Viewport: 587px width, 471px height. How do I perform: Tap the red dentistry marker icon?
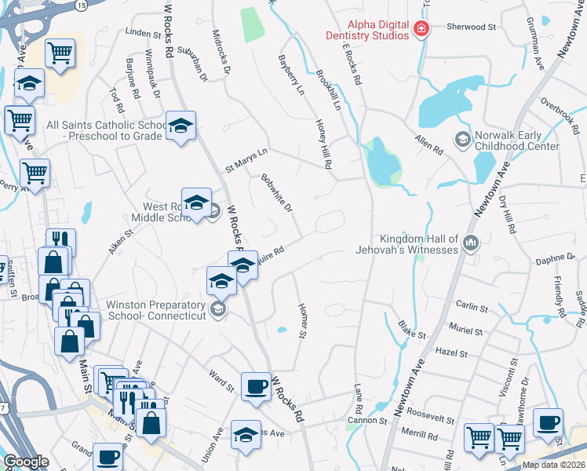click(421, 30)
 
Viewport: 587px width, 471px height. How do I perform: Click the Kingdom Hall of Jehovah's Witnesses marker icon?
click(470, 243)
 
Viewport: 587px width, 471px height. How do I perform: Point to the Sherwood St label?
click(472, 27)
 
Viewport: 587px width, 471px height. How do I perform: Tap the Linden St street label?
click(142, 33)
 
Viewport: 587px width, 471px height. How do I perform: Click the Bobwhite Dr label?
click(276, 193)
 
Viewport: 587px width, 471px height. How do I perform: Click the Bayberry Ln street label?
click(291, 75)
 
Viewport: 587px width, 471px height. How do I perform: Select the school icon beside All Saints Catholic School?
click(180, 126)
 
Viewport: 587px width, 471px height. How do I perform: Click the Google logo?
click(26, 462)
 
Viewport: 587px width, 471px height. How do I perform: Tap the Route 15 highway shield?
click(82, 5)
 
